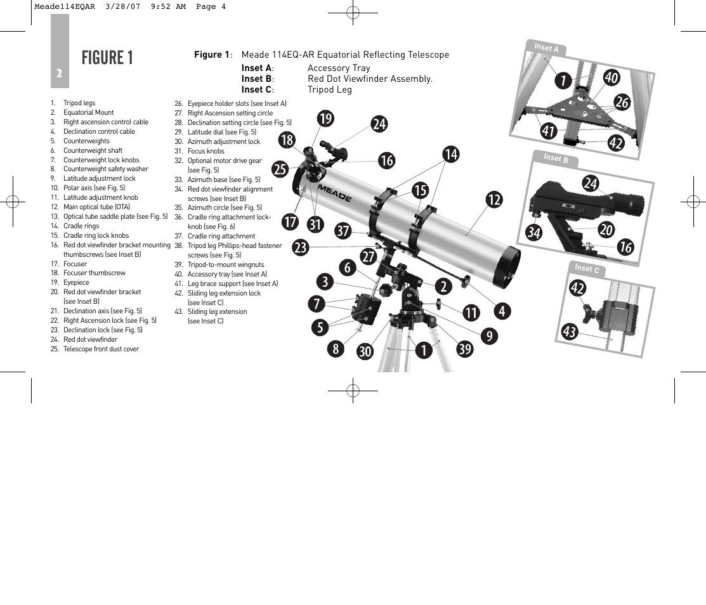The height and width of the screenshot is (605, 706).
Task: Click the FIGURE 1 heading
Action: pyautogui.click(x=107, y=58)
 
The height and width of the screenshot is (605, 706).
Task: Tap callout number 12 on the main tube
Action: pyautogui.click(x=494, y=200)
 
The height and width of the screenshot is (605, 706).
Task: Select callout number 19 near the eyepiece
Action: pyautogui.click(x=325, y=119)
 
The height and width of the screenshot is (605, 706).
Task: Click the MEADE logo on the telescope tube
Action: pyautogui.click(x=334, y=192)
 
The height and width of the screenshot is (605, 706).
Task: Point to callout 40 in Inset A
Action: pyautogui.click(x=611, y=77)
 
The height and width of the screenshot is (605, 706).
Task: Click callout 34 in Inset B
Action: pyautogui.click(x=533, y=233)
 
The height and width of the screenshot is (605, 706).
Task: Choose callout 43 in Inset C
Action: pyautogui.click(x=569, y=331)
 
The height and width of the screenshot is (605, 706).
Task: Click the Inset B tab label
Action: pyautogui.click(x=552, y=158)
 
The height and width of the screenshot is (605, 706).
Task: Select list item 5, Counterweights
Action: pyautogui.click(x=86, y=141)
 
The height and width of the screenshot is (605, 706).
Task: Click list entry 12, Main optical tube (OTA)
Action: pyautogui.click(x=96, y=207)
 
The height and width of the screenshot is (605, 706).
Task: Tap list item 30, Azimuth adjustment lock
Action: pyautogui.click(x=223, y=141)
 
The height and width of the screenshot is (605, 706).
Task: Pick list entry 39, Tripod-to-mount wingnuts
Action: pyautogui.click(x=225, y=264)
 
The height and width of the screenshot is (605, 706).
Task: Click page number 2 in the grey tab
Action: pyautogui.click(x=59, y=74)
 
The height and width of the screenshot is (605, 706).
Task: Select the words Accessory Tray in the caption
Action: pyautogui.click(x=339, y=68)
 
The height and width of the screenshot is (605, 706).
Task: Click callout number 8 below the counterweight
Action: pyautogui.click(x=334, y=348)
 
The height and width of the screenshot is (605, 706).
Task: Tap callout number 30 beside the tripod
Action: pyautogui.click(x=365, y=351)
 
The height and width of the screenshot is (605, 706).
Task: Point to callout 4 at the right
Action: pyautogui.click(x=502, y=311)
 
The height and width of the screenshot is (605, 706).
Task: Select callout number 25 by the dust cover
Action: pyautogui.click(x=280, y=169)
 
